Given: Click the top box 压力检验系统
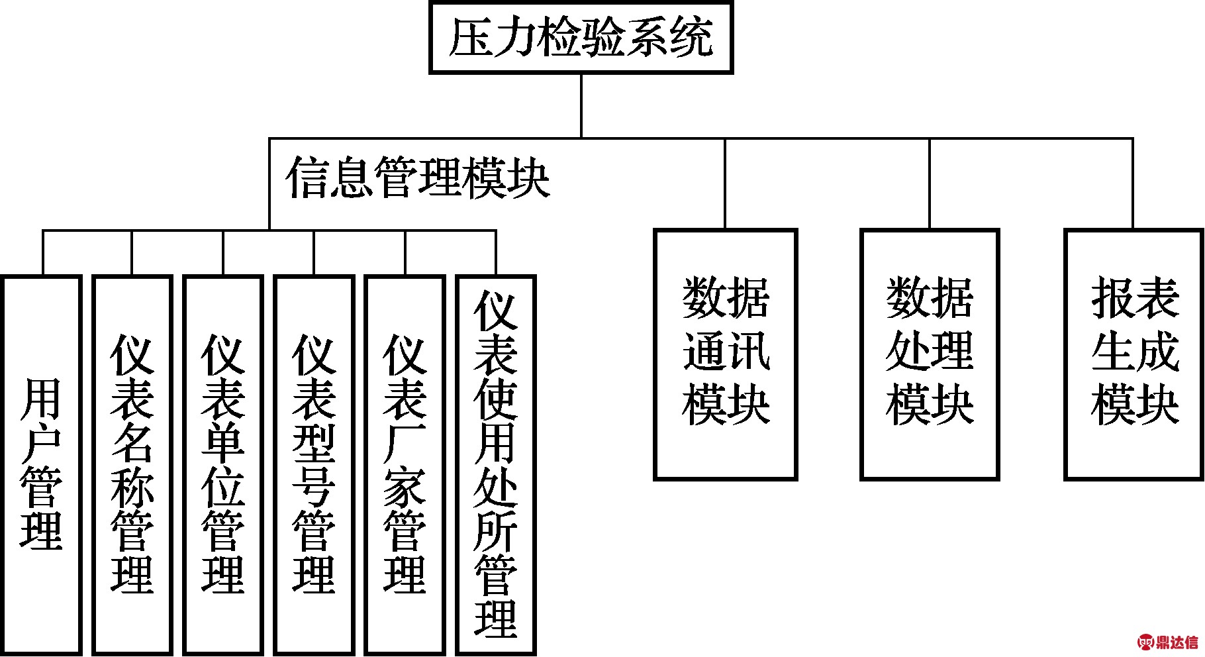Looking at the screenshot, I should (x=581, y=37).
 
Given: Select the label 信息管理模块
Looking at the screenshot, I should (x=417, y=177).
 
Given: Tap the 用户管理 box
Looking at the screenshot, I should (x=42, y=464).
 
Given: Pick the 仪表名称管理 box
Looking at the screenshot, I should (x=132, y=464).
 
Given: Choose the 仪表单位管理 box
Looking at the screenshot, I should (x=223, y=464).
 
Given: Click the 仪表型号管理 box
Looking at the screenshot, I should (x=314, y=464).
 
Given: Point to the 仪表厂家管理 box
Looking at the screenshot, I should (x=405, y=464).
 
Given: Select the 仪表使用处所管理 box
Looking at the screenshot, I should (x=496, y=464).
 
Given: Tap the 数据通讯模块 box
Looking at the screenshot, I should (x=725, y=354).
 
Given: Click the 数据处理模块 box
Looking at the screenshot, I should (x=930, y=354).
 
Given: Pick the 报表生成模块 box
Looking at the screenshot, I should (x=1134, y=354).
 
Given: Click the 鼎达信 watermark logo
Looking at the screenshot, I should (x=1169, y=642).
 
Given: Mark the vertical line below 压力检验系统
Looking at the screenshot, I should (x=581, y=105).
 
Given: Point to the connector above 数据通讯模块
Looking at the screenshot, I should (x=725, y=183).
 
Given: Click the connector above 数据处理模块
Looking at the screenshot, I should (x=930, y=183).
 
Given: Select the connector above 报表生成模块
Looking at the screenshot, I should (x=1133, y=183).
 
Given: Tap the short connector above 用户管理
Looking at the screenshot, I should (x=42, y=252).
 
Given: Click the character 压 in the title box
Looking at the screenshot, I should (x=470, y=37).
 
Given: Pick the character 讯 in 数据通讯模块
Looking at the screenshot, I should (x=748, y=351).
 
